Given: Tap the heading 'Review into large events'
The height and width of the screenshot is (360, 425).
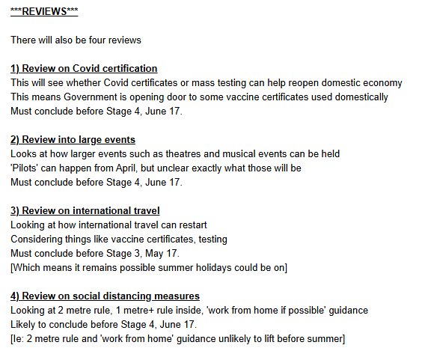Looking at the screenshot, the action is click(79, 139).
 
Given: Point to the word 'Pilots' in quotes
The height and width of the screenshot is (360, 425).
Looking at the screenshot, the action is click(28, 168).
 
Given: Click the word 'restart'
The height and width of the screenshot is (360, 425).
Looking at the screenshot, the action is click(190, 225).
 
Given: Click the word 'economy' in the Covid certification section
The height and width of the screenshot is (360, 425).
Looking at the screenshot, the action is click(382, 82).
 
